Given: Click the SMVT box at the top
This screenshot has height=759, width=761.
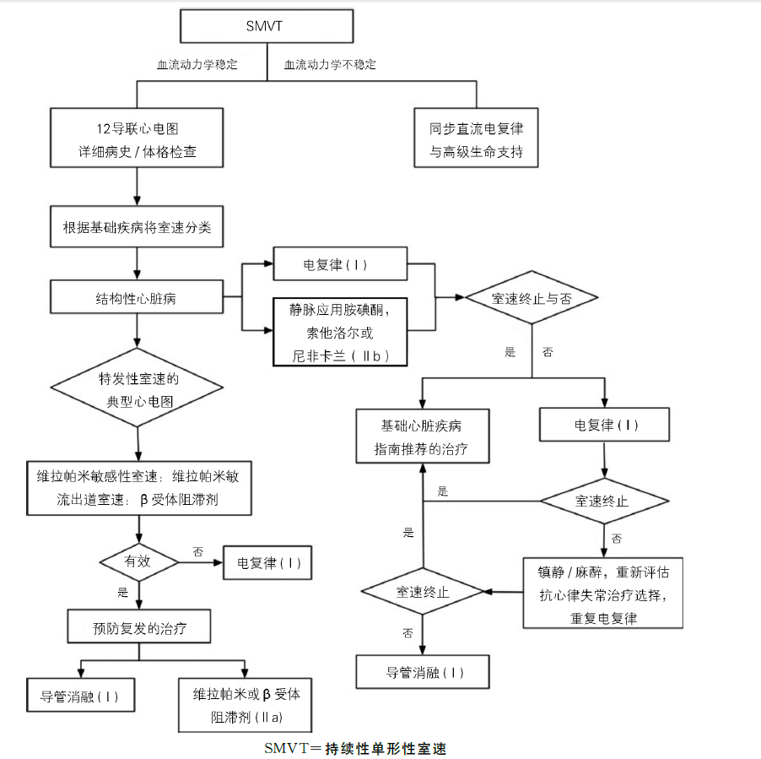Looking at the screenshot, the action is [x=267, y=26].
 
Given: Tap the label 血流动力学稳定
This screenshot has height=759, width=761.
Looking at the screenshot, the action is [x=197, y=64].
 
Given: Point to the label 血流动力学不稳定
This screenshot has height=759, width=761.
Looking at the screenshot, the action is [x=330, y=64].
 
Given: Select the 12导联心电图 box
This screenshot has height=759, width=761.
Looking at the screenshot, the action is [x=137, y=138].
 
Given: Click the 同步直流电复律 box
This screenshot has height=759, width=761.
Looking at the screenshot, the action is [x=476, y=138].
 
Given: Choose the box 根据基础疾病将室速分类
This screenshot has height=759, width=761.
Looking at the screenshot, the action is [x=137, y=227].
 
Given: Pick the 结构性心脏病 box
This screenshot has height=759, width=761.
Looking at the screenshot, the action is [x=137, y=296].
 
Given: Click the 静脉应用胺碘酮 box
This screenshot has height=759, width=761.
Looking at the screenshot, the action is [x=340, y=332].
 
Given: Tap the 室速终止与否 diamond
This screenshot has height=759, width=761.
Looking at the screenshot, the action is [x=532, y=297].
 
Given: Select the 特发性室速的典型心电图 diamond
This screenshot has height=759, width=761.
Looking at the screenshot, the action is [x=137, y=388].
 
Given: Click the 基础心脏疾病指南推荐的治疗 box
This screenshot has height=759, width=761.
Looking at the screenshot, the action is [x=423, y=436].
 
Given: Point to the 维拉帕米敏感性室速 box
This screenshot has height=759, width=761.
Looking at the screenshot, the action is [x=139, y=488].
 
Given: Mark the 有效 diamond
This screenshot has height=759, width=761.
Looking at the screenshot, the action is [x=139, y=562].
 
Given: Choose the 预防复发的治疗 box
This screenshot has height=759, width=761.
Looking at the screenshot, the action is [x=139, y=626].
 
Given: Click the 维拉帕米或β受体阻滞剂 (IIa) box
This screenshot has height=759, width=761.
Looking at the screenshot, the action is [x=246, y=705].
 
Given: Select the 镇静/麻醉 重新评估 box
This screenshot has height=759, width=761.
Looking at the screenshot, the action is [x=602, y=593].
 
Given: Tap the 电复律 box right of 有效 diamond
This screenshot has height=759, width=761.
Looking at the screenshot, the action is [x=267, y=563].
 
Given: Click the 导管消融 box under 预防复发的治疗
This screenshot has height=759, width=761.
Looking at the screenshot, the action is [x=80, y=695].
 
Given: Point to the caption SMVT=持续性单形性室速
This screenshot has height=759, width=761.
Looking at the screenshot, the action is [x=355, y=748].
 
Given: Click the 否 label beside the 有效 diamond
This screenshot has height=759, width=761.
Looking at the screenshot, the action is [x=198, y=551].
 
